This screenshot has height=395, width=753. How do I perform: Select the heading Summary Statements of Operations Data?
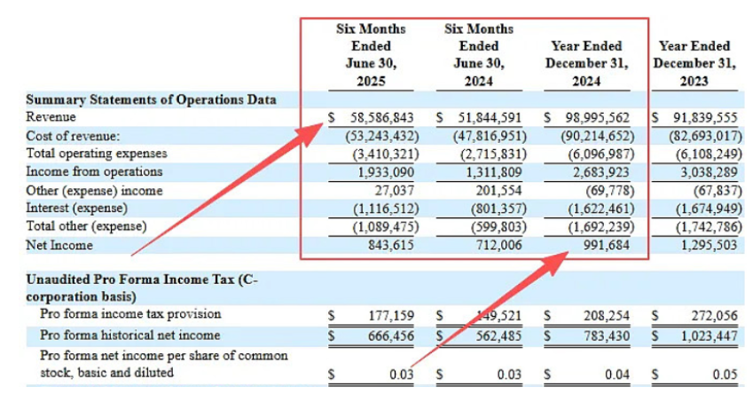[x=151, y=99]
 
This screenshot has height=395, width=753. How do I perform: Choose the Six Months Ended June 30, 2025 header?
[x=370, y=54]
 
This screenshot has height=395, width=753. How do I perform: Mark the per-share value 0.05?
[x=725, y=374]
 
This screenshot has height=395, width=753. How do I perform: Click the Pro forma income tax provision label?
[x=130, y=314]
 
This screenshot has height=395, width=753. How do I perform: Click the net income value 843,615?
[x=391, y=244]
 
